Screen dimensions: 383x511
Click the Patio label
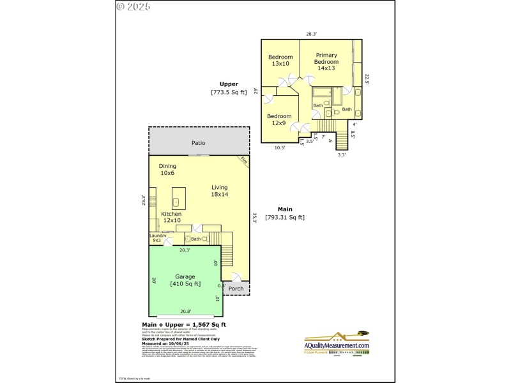pos(199,143)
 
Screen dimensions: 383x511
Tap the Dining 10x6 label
pos(167,169)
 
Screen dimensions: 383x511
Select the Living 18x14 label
pos(220,190)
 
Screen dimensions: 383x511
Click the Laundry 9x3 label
pos(158,238)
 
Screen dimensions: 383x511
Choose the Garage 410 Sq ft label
pos(185,280)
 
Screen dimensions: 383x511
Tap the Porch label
pos(236,288)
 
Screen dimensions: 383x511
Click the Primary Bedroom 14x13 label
pos(326,62)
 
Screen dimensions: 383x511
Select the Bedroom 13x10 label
pos(280,60)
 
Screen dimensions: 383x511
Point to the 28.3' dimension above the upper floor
pos(312,34)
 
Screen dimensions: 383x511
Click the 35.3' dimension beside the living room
pos(254,218)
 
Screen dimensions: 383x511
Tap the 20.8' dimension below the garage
pos(186,312)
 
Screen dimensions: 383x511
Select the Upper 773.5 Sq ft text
pos(229,88)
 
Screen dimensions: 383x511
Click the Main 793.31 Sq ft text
pos(285,213)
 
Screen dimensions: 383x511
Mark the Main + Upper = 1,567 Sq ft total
pos(183,325)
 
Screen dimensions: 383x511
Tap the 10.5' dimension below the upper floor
pos(280,147)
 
